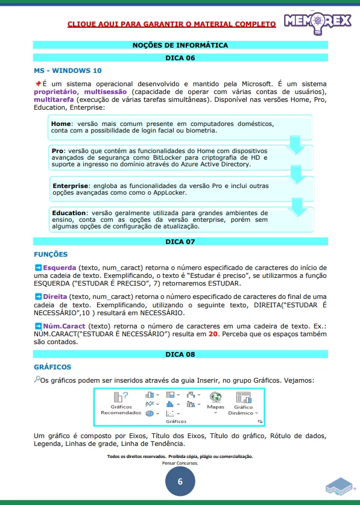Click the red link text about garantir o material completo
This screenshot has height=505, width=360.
[x=171, y=24]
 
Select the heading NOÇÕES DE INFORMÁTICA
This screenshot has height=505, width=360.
[x=180, y=45]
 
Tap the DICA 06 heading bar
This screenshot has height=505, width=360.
[x=180, y=58]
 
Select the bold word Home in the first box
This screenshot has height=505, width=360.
[x=62, y=124]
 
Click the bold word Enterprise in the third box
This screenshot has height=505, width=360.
[x=70, y=186]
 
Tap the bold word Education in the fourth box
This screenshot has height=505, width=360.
[x=69, y=213]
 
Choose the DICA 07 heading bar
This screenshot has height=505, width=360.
[x=180, y=242]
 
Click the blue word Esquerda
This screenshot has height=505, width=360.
[x=59, y=267]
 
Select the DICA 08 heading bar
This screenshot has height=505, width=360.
[x=180, y=354]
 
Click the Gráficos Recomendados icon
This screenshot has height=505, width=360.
[x=121, y=398]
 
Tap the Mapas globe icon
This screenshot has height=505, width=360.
[x=215, y=398]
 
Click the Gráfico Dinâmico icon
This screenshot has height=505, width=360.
[x=244, y=398]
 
